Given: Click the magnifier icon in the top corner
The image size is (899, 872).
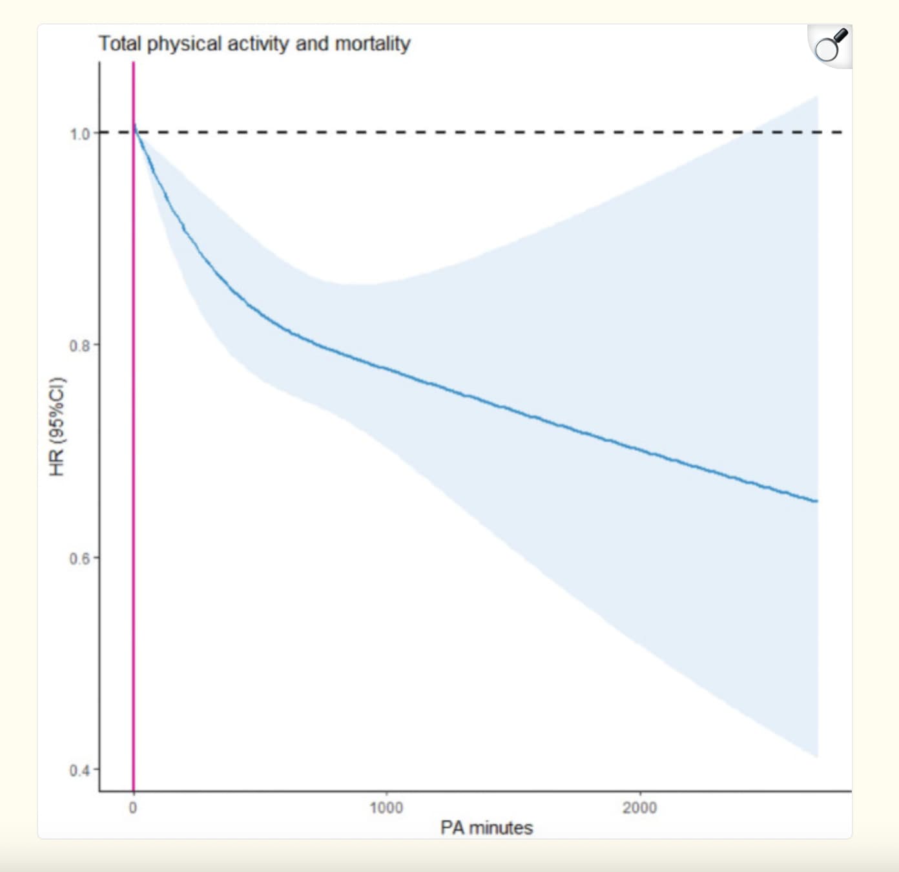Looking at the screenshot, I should [x=831, y=45].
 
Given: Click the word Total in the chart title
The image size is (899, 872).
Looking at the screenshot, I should [x=120, y=43].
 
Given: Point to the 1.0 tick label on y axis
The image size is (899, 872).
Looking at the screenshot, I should [x=79, y=134].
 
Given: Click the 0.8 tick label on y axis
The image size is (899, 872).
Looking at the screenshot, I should [x=79, y=346].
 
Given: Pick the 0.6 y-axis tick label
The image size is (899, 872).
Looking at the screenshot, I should [x=79, y=558].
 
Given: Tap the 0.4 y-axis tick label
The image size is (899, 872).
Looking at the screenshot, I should [x=79, y=771].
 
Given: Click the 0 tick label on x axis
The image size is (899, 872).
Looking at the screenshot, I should [x=133, y=807].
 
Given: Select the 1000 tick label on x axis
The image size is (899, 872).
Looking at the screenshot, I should [x=386, y=807].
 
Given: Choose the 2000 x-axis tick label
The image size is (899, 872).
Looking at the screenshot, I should [x=639, y=807].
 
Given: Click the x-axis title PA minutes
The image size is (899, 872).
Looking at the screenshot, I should [x=486, y=828].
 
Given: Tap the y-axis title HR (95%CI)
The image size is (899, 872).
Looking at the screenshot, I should [x=58, y=426].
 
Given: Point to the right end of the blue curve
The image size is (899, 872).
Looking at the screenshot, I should [x=816, y=501].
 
